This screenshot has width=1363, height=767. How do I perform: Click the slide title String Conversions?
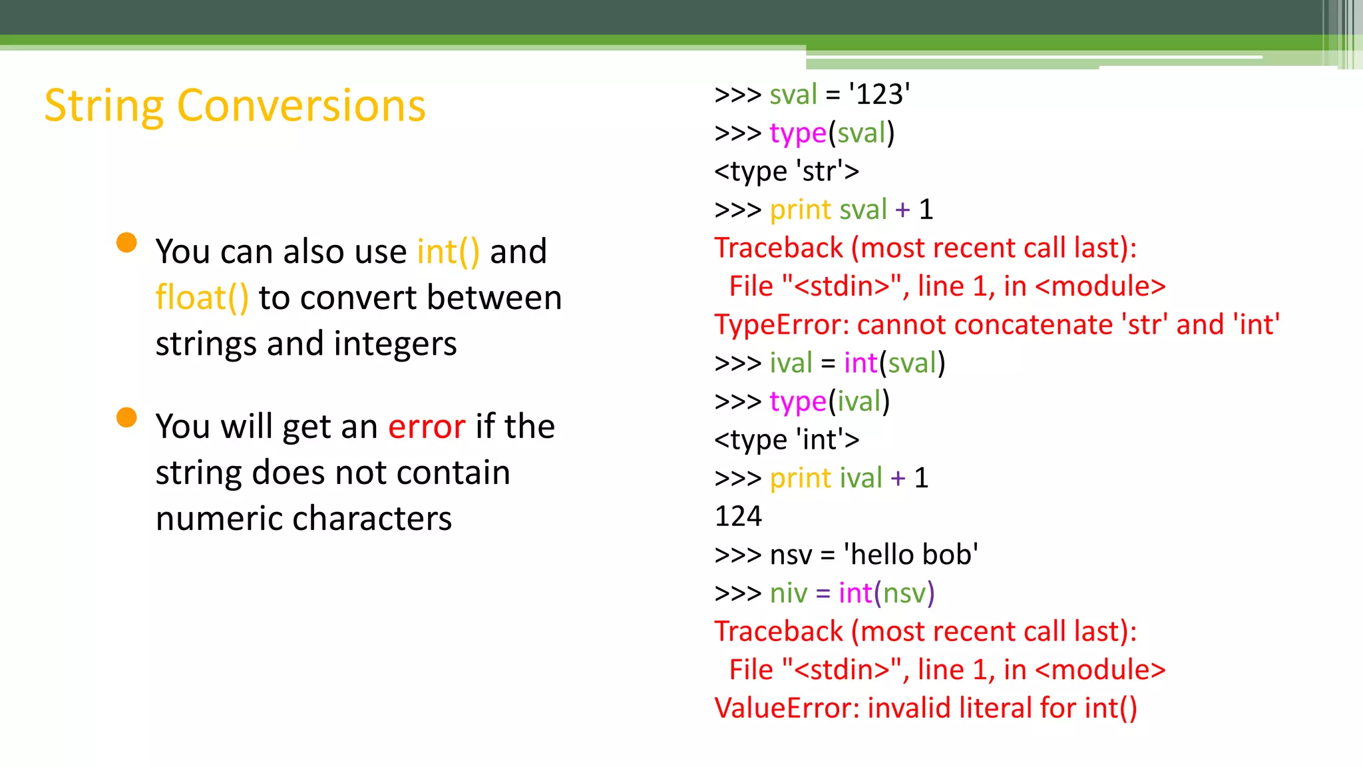pos(234,106)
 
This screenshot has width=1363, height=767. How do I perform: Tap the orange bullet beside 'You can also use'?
pos(126,243)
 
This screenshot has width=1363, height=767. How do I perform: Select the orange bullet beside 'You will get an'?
pos(126,417)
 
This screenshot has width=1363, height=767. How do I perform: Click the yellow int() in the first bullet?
pos(448,252)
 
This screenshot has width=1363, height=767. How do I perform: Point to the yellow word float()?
pos(202,298)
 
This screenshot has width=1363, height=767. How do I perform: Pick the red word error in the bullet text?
pos(427,426)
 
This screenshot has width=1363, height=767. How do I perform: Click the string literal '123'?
pos(879,95)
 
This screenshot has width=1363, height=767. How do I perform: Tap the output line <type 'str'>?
pos(787,171)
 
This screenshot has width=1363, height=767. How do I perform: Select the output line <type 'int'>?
pos(787,439)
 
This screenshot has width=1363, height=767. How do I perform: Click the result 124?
pos(738,516)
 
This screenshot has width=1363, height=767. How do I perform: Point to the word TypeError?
pos(777,325)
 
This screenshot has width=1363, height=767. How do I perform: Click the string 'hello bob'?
pos(911,555)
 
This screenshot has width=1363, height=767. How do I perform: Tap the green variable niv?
pos(788,593)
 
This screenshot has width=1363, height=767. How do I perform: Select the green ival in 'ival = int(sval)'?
pos(791,364)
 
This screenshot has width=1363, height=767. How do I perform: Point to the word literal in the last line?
pos(997,708)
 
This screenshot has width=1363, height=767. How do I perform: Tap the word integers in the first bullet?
pos(395,344)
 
